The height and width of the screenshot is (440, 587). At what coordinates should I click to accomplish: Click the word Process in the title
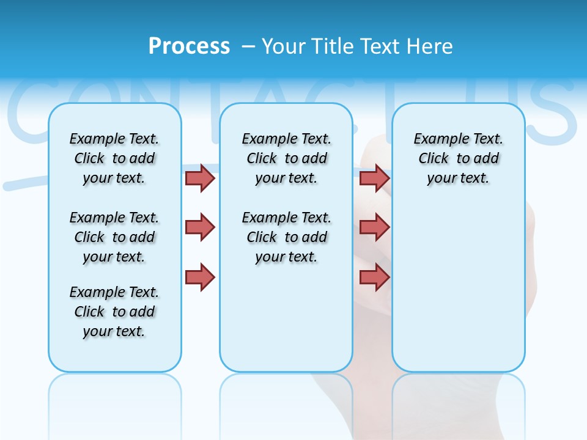189,46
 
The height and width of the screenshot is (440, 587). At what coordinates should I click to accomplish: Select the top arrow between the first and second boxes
200,178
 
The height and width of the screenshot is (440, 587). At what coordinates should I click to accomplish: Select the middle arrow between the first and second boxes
200,227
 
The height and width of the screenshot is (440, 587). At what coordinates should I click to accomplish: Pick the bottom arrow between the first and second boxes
200,277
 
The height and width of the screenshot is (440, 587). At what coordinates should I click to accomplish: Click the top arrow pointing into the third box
374,178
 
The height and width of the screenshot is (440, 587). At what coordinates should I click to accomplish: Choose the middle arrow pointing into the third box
374,227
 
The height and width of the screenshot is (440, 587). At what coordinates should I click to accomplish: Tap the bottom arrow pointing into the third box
374,277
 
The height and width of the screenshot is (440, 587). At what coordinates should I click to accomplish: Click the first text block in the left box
114,158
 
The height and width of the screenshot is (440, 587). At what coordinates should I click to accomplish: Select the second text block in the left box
114,237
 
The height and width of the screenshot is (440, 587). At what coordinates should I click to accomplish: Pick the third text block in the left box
114,312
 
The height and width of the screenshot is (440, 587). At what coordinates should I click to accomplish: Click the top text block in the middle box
286,158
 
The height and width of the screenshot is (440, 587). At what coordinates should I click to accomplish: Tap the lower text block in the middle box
286,237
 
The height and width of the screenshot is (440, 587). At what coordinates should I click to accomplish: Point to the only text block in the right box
458,158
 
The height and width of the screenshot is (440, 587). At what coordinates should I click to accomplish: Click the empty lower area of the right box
458,293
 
